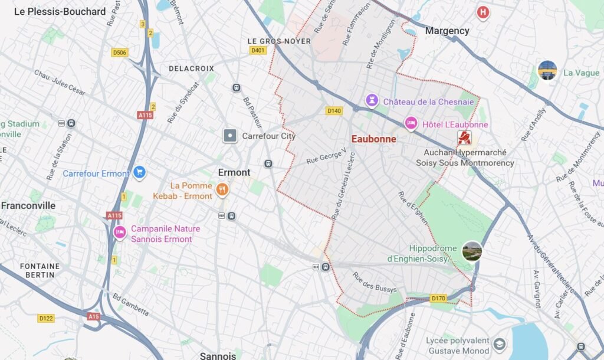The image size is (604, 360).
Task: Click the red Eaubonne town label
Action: (x=373, y=139)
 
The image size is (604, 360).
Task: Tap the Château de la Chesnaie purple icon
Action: (x=372, y=100)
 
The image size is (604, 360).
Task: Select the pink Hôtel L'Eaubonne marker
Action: (x=411, y=123)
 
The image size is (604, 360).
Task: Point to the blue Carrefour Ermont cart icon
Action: (x=139, y=172)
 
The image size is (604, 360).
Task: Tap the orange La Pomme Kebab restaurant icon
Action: (x=222, y=189)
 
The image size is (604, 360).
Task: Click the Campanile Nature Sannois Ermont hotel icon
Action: (x=120, y=233)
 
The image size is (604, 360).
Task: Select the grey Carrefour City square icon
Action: (x=230, y=136)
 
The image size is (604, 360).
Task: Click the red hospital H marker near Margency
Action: (x=483, y=12)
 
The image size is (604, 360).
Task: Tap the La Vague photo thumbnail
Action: (x=547, y=70)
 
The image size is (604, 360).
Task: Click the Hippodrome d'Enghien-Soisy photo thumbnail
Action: (x=472, y=251)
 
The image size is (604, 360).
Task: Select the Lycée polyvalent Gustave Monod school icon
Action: (x=500, y=345)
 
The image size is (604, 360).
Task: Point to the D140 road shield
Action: (x=334, y=110)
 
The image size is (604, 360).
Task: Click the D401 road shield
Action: (x=258, y=51)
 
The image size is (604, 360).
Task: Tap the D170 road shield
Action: (x=438, y=298)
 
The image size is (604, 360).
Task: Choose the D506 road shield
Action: (x=120, y=53)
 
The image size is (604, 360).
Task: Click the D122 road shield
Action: (x=46, y=318)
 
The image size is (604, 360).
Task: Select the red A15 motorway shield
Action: (x=93, y=316)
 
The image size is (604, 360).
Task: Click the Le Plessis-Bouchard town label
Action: (x=60, y=12)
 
